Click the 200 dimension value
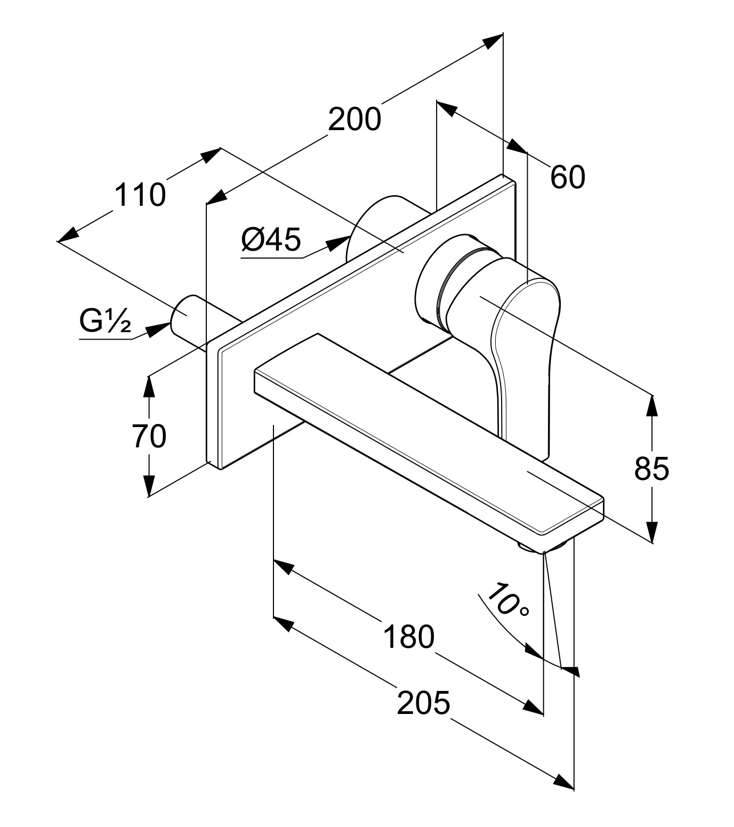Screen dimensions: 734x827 tap(354, 119)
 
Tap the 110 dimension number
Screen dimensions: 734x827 tap(140, 195)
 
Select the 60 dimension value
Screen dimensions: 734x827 tap(568, 177)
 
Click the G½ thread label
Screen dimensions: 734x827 tap(105, 322)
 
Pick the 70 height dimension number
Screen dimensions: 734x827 tap(149, 436)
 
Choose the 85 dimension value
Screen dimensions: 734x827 tap(651, 469)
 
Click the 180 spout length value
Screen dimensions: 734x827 tap(409, 637)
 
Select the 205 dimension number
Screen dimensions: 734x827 tap(424, 702)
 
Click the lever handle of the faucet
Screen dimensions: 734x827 tap(520, 341)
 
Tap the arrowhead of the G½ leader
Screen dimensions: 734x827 tap(157, 330)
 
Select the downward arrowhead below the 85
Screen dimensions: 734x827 tap(651, 531)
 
